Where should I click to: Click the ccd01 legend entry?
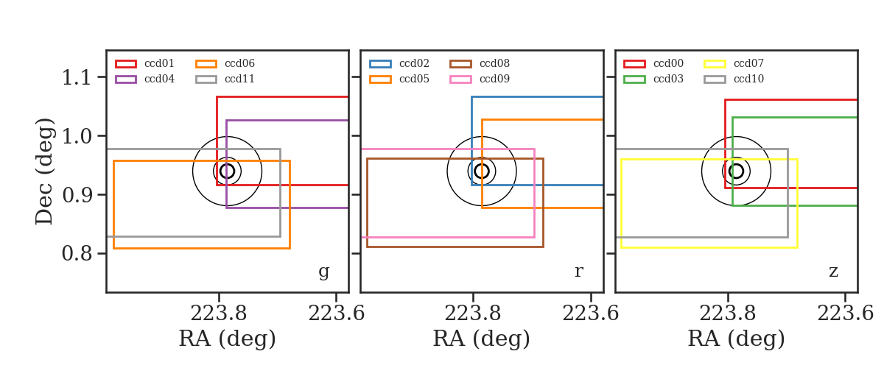(144, 63)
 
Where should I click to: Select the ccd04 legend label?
(159, 79)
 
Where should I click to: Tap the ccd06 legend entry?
(225, 63)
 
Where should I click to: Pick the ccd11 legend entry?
(225, 79)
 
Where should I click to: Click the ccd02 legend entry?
(399, 63)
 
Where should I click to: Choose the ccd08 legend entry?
(480, 63)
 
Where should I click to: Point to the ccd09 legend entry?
(480, 79)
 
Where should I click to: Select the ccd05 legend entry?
(399, 79)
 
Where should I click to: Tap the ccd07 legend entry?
(734, 63)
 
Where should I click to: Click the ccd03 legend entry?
(653, 79)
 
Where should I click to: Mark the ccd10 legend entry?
(734, 79)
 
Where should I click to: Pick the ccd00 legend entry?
(653, 63)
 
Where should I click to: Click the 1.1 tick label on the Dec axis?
(77, 77)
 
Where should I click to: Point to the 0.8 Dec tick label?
(77, 253)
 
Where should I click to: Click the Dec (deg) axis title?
(43, 171)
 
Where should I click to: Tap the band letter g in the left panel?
(324, 272)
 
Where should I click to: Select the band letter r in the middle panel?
(578, 271)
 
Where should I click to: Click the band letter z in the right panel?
(833, 272)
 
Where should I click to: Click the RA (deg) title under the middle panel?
(482, 339)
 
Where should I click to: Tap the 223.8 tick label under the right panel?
(727, 314)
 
